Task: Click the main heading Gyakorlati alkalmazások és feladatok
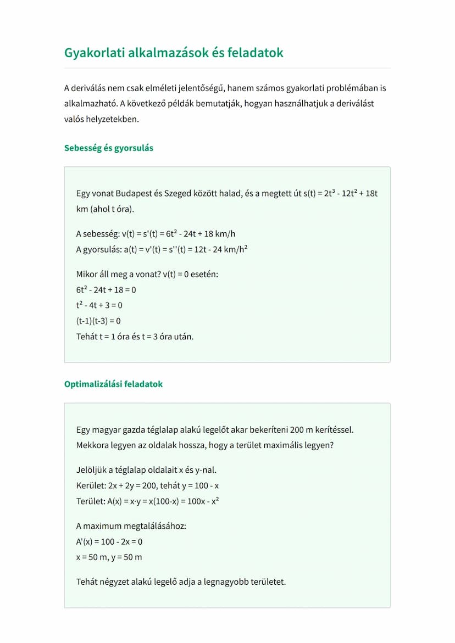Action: tap(174, 53)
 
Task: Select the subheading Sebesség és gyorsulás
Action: tap(109, 148)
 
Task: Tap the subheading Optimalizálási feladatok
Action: tap(113, 384)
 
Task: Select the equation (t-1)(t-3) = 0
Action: tap(98, 321)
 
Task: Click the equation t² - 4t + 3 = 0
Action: tap(99, 305)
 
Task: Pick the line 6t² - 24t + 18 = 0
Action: tap(106, 289)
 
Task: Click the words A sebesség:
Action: tap(98, 233)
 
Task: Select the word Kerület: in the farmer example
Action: tap(92, 486)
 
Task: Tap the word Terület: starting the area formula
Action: tap(91, 501)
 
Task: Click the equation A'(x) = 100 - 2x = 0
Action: tap(109, 541)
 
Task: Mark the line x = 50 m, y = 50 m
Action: tap(109, 557)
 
